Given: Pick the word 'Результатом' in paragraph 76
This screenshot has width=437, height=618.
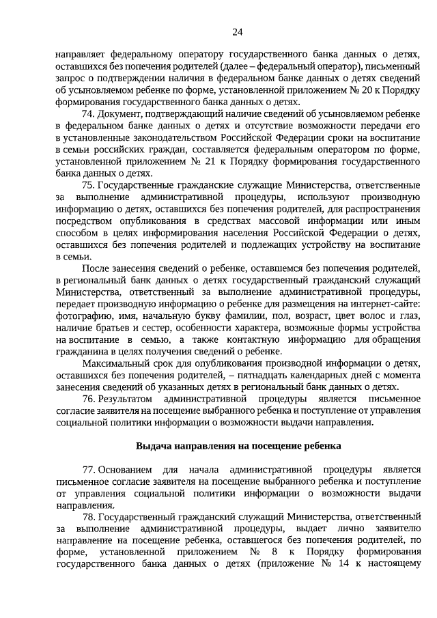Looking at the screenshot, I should point(124,397).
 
